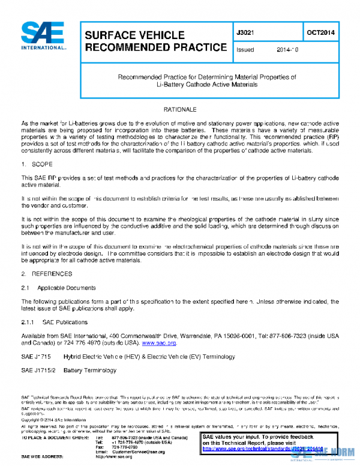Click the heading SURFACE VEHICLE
point(134,35)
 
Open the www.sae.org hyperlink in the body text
point(158,343)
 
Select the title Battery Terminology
point(90,371)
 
